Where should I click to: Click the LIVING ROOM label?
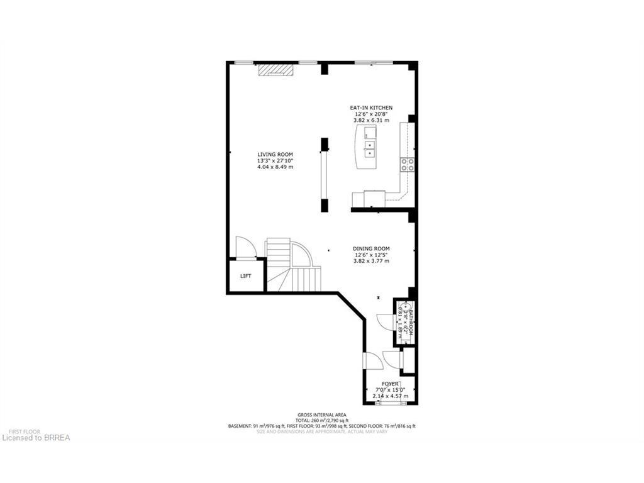tap(275, 154)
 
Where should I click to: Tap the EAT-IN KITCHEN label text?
tap(371, 108)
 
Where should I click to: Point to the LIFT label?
tap(246, 276)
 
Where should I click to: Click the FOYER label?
tap(390, 384)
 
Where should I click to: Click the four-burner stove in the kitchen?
tap(407, 165)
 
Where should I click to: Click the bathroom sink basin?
tap(405, 308)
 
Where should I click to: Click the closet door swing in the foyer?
tap(394, 359)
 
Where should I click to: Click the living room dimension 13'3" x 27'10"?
tap(275, 160)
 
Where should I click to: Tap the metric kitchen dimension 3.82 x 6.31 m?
tap(371, 120)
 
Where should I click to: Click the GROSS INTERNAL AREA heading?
tap(321, 414)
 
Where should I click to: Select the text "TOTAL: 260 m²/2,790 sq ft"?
tap(321, 420)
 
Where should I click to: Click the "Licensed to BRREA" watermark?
tap(36, 437)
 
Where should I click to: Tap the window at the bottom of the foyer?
tap(391, 403)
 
